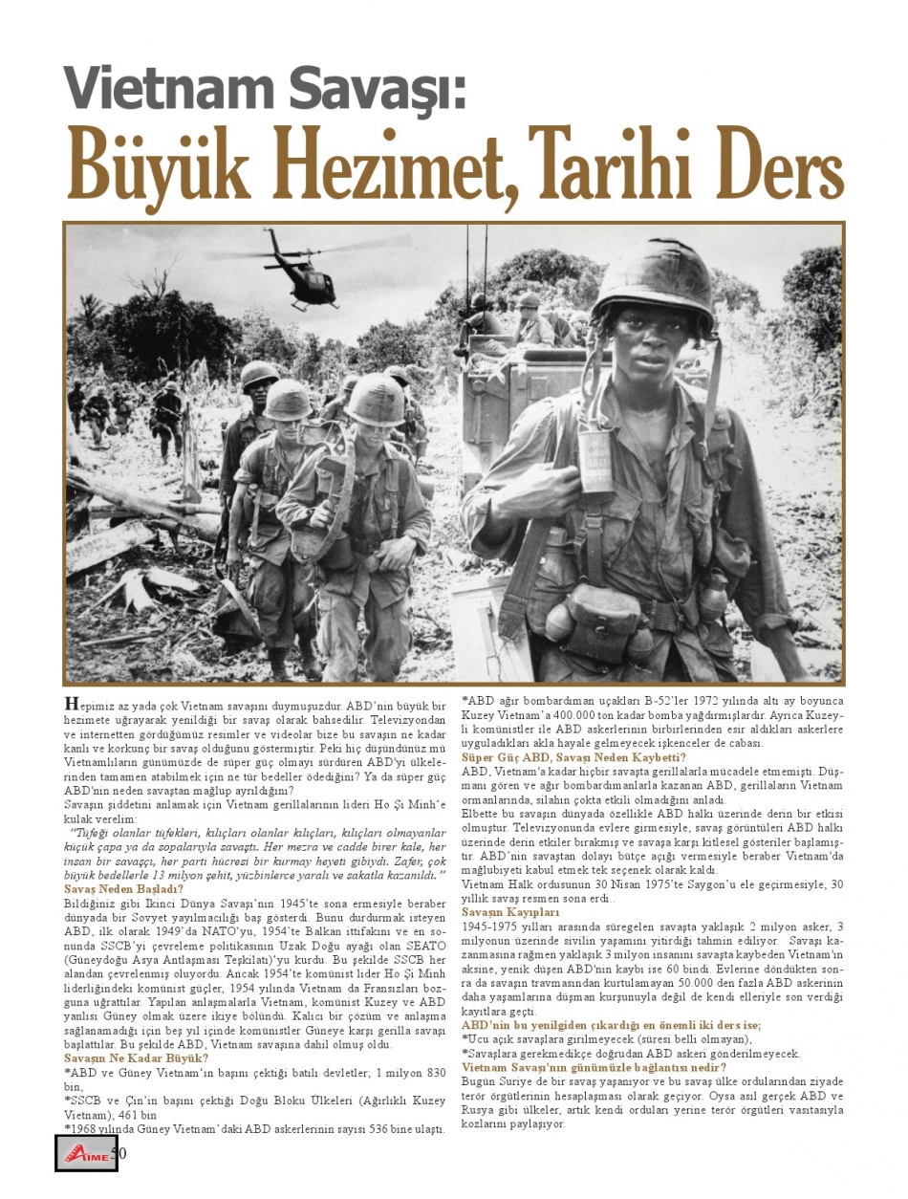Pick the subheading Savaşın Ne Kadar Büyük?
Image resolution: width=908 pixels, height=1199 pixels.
click(136, 1057)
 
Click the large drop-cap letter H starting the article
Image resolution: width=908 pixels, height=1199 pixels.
click(71, 705)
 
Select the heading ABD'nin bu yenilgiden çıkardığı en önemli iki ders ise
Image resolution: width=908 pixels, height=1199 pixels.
click(611, 1025)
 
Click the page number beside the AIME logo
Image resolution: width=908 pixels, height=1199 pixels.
click(120, 1152)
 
